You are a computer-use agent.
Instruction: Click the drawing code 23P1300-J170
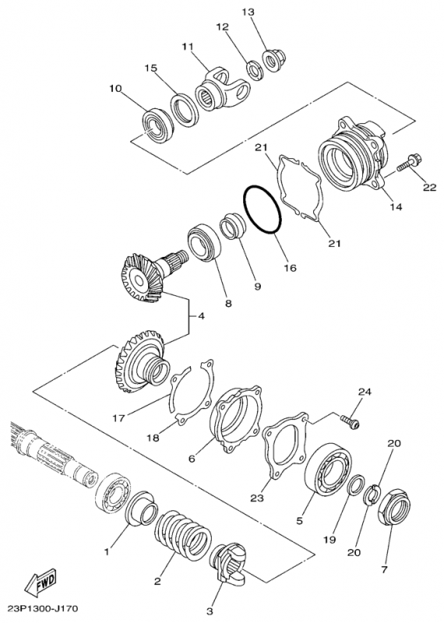[x=43, y=608]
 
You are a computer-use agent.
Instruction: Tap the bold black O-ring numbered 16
[x=263, y=209]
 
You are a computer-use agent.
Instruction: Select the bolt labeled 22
[x=410, y=164]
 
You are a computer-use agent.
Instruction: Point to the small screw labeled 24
[x=351, y=421]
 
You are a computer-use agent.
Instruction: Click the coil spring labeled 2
[x=183, y=534]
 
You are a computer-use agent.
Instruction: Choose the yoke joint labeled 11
[x=223, y=90]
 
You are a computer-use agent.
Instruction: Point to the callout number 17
[x=119, y=418]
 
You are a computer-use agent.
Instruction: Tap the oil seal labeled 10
[x=158, y=125]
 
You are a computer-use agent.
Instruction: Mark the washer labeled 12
[x=255, y=70]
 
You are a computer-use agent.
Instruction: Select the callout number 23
[x=257, y=498]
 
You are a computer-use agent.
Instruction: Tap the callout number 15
[x=150, y=68]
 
